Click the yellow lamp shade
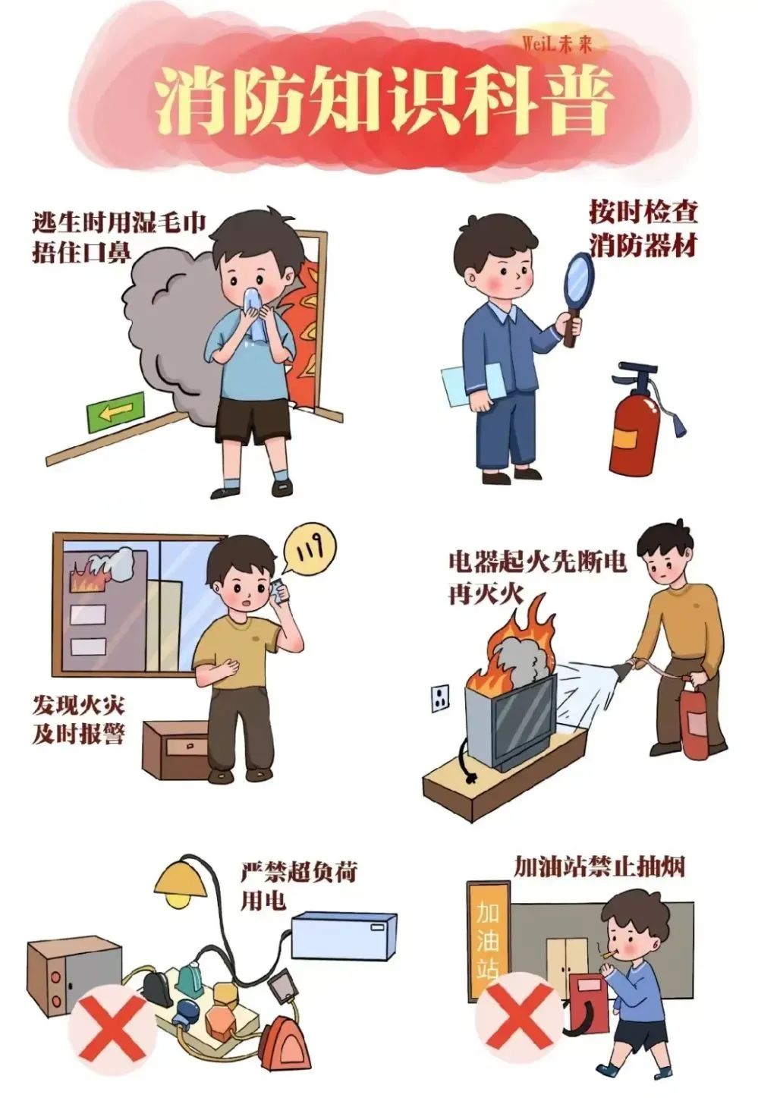(x=180, y=877)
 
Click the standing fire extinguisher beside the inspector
(x=634, y=425)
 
